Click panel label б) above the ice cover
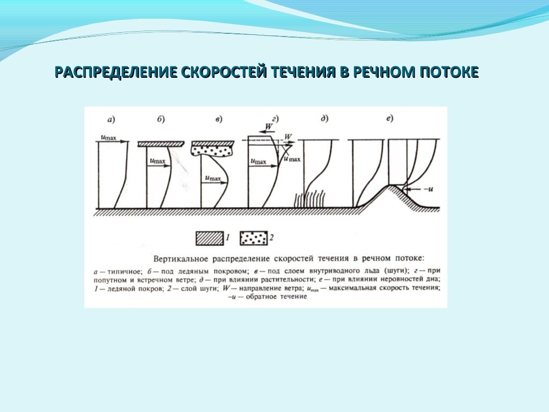click(x=161, y=119)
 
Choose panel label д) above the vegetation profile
click(x=324, y=119)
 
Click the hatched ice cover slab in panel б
click(x=161, y=144)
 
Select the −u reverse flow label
click(x=427, y=189)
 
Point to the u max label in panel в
click(x=214, y=177)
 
